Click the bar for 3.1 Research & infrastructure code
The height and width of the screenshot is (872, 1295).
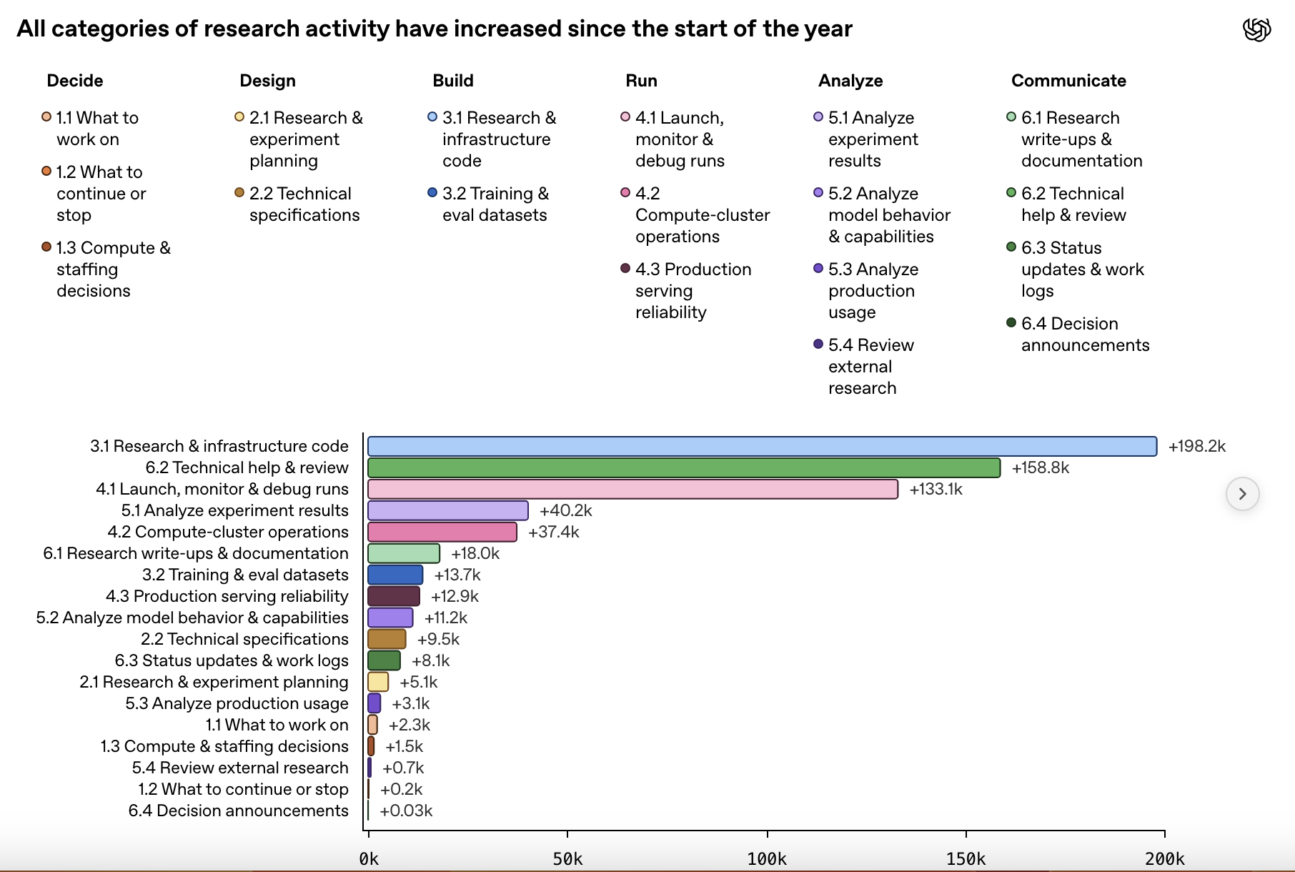coord(762,446)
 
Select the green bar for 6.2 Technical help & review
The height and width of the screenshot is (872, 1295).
coord(684,467)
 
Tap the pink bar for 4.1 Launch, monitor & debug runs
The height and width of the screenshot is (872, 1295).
coord(632,489)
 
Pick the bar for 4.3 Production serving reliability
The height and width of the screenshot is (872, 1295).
coord(394,596)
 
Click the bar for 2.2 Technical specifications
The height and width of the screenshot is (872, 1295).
coord(387,639)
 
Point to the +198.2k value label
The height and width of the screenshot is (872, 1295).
coord(1197,446)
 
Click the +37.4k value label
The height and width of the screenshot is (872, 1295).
coord(554,532)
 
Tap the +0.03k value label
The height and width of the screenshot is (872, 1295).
coord(406,811)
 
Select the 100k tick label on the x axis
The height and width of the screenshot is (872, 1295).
coord(767,858)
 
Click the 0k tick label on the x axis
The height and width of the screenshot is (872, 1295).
coord(369,858)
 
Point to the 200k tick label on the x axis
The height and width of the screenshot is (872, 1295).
coord(1165,858)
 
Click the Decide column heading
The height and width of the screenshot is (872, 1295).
coord(75,81)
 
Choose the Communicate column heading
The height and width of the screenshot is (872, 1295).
coord(1068,81)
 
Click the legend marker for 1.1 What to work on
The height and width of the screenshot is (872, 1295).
coord(46,117)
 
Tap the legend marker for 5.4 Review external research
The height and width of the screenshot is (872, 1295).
coord(818,344)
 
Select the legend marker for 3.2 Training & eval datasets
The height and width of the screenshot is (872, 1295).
coord(432,192)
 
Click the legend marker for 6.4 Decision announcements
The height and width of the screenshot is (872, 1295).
coord(1011,322)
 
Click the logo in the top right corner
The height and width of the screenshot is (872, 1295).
coord(1257,30)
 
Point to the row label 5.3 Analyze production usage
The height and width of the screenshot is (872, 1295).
coord(237,703)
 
